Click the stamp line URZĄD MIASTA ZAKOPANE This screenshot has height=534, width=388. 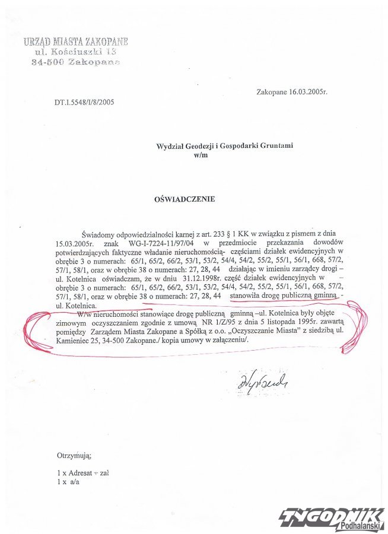coord(75,42)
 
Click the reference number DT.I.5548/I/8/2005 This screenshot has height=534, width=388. coord(84,102)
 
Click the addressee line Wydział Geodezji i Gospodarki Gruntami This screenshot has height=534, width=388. coord(225,145)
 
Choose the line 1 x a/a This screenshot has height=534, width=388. coord(67,483)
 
